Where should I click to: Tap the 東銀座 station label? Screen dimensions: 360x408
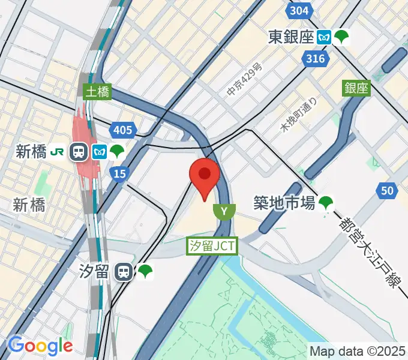click(291, 37)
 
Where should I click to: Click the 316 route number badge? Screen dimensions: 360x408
click(314, 58)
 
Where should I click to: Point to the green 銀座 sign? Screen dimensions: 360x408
click(356, 88)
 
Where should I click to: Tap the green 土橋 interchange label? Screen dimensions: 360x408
click(97, 92)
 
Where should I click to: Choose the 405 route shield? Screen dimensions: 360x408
click(122, 129)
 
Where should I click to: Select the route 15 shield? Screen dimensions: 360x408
click(119, 173)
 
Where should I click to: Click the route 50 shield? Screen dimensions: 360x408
click(388, 191)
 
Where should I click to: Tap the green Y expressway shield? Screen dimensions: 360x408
click(224, 211)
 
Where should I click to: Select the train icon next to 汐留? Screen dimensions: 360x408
click(124, 272)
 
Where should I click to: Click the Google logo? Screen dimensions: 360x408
click(40, 346)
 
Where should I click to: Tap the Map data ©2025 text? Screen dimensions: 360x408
click(358, 350)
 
